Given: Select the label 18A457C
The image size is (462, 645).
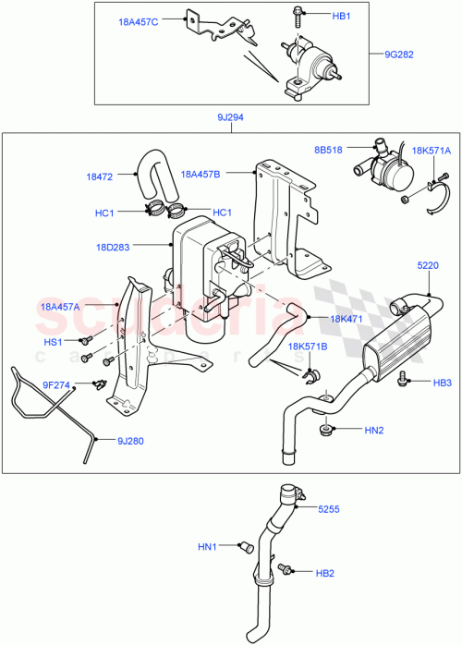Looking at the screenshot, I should [138, 19].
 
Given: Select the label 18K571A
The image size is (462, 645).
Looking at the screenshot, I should [432, 150].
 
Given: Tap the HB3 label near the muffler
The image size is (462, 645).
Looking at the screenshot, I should [442, 382].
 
